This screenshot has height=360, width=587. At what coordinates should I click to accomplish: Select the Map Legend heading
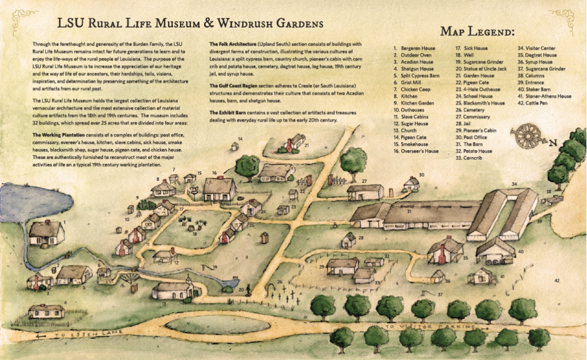tap(478, 31)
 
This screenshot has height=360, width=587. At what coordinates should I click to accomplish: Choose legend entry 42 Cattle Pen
tap(535, 103)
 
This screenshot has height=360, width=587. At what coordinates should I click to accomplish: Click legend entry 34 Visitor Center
tap(535, 48)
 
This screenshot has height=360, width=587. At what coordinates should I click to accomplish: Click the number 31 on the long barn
tap(409, 211)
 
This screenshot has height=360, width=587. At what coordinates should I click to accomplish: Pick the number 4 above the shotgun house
tap(65, 303)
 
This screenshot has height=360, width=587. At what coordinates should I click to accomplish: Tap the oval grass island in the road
tap(218, 324)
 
